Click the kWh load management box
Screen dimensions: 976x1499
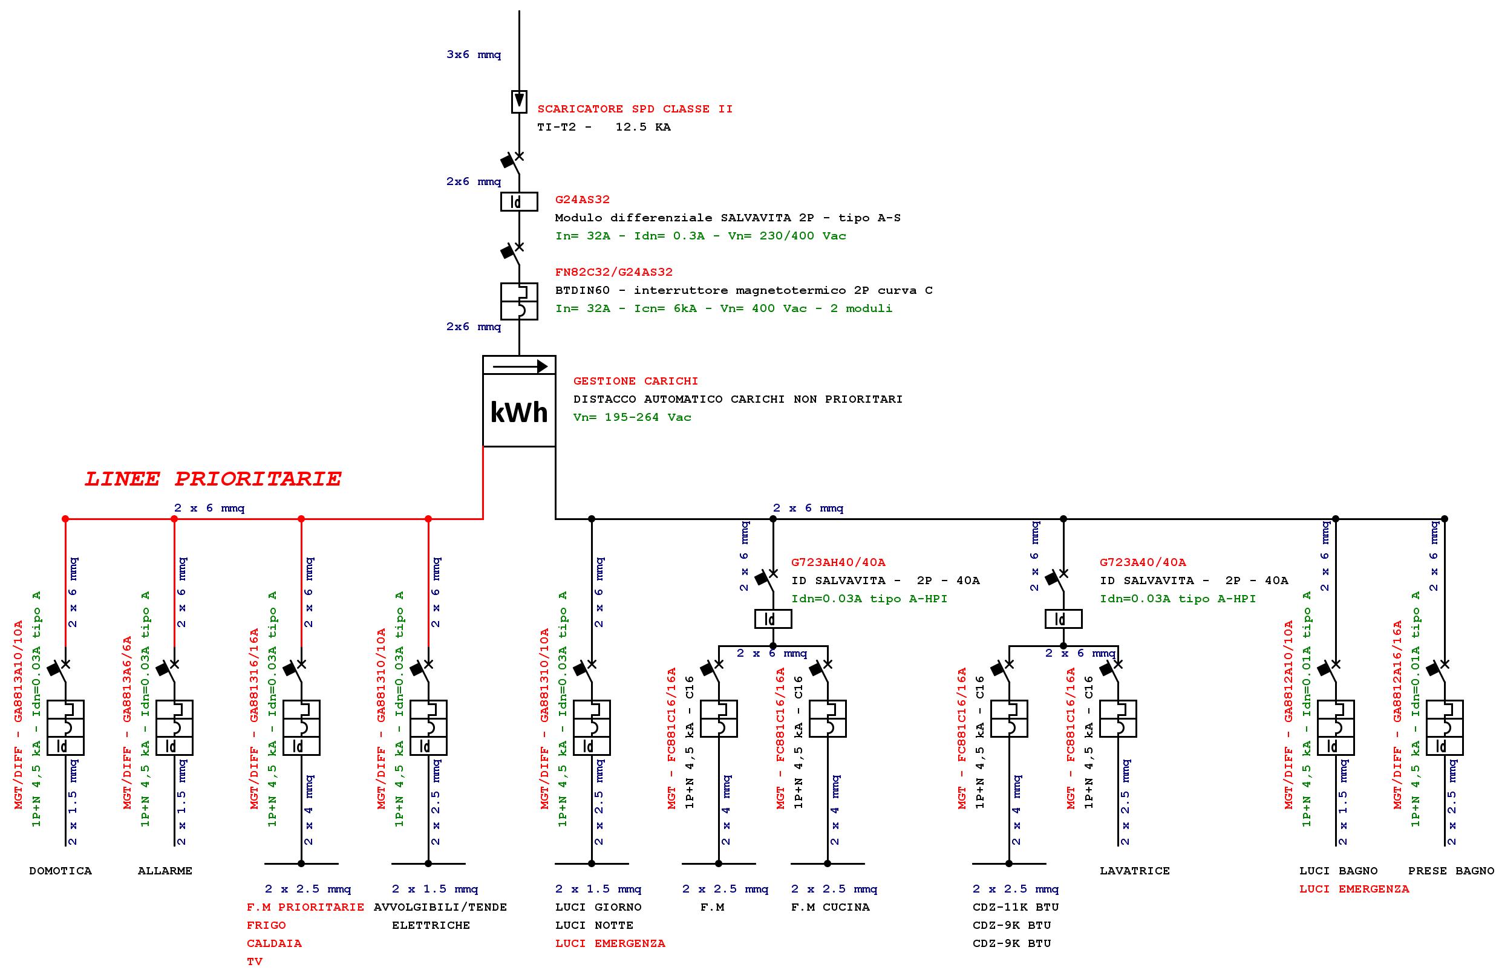[x=519, y=401]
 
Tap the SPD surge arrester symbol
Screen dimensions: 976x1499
[x=519, y=102]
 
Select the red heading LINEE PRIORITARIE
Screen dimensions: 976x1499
[x=213, y=479]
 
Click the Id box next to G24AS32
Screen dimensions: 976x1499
[x=519, y=201]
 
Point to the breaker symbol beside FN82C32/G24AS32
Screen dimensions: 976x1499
[x=519, y=301]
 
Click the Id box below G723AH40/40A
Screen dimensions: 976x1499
[x=773, y=619]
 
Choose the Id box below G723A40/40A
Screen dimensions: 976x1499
[x=1063, y=619]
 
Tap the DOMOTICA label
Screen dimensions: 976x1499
[x=60, y=871]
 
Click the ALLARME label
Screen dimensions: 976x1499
[x=165, y=871]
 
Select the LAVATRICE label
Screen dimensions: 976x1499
[x=1134, y=871]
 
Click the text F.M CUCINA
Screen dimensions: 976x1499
[x=830, y=907]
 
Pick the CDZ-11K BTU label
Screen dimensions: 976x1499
[x=1015, y=907]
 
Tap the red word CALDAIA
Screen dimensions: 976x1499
[x=274, y=943]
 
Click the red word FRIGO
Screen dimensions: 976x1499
[x=266, y=926]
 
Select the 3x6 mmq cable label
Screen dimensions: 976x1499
[x=474, y=55]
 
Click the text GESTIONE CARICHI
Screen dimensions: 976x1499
[x=636, y=381]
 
